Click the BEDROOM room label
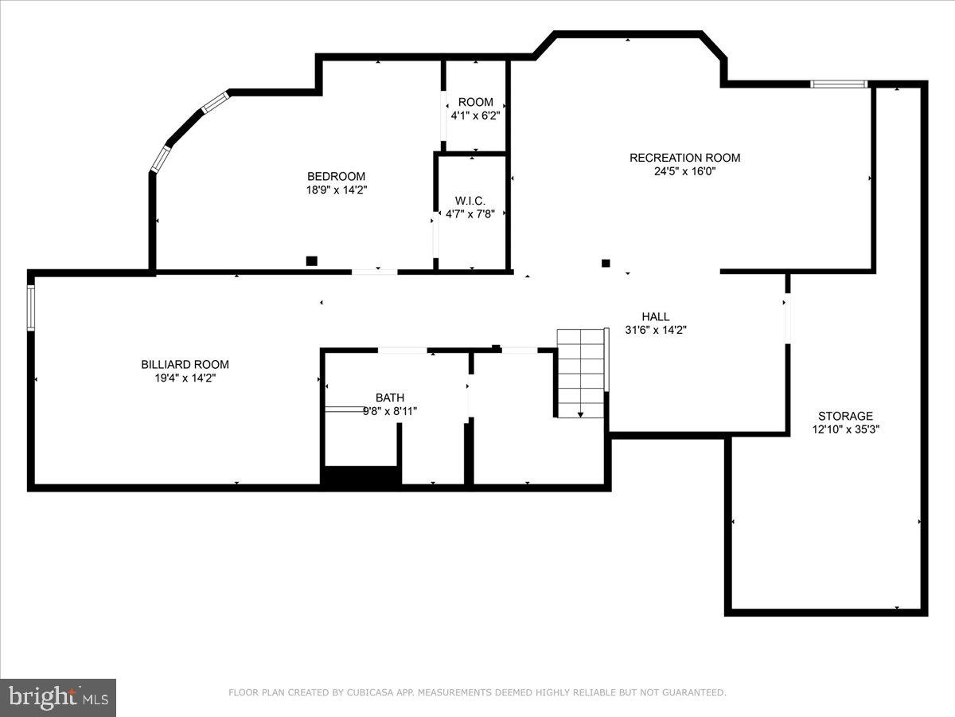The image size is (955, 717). tap(336, 176)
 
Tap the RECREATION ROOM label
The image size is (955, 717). tap(684, 158)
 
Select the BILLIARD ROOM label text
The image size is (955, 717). tap(185, 364)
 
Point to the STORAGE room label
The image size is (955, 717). tap(845, 416)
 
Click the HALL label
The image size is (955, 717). tap(655, 316)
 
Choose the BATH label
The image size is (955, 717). tap(390, 398)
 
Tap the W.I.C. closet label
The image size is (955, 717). tap(470, 200)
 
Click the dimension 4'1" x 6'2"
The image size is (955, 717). tap(476, 116)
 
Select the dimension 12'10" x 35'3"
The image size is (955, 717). tap(845, 429)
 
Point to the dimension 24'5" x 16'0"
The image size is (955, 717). tap(684, 171)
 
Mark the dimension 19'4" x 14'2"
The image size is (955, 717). tap(185, 378)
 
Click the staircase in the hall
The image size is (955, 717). tap(581, 373)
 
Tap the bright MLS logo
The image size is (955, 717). tap(58, 697)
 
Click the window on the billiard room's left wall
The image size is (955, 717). tap(31, 308)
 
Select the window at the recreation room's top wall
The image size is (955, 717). tap(839, 84)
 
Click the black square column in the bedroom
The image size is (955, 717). tap(312, 261)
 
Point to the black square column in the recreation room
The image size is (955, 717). tap(606, 263)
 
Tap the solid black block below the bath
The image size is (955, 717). tap(361, 476)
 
